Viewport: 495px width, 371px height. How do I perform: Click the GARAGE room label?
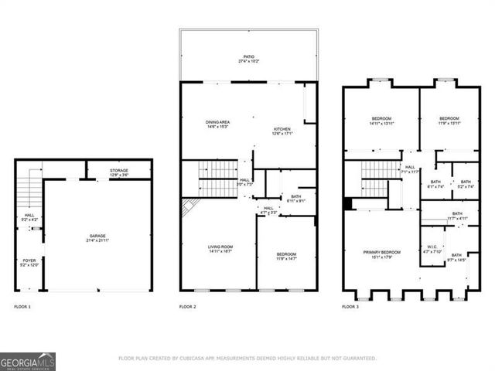pyautogui.click(x=97, y=236)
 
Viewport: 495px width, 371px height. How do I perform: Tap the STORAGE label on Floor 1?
pyautogui.click(x=118, y=171)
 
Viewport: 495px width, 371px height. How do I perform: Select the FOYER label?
pyautogui.click(x=27, y=260)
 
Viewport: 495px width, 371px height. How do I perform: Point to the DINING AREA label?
pyautogui.click(x=217, y=122)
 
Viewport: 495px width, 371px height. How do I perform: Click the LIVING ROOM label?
pyautogui.click(x=220, y=247)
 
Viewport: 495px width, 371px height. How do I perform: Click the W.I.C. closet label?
pyautogui.click(x=432, y=247)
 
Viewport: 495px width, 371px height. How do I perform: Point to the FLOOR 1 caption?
pyautogui.click(x=22, y=307)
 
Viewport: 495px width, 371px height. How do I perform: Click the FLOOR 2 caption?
pyautogui.click(x=188, y=307)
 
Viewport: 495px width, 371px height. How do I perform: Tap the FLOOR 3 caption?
pyautogui.click(x=350, y=307)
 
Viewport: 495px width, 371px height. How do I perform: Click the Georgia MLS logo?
pyautogui.click(x=28, y=361)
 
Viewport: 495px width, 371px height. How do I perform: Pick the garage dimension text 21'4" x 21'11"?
pyautogui.click(x=97, y=240)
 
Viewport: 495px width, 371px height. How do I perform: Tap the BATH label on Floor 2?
pyautogui.click(x=295, y=196)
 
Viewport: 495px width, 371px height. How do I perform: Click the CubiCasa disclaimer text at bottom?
pyautogui.click(x=247, y=359)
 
